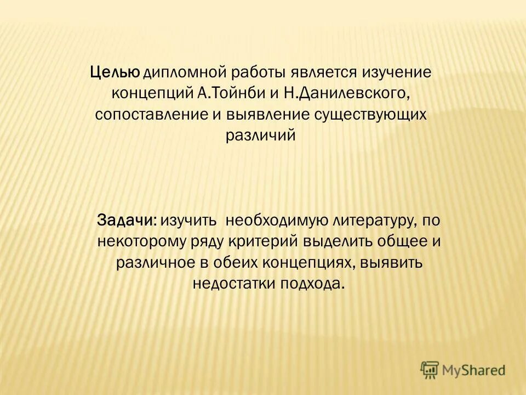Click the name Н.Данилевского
[346, 94]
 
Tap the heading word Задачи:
[127, 220]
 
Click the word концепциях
[306, 262]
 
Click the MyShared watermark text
[474, 371]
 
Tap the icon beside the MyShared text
[430, 370]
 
